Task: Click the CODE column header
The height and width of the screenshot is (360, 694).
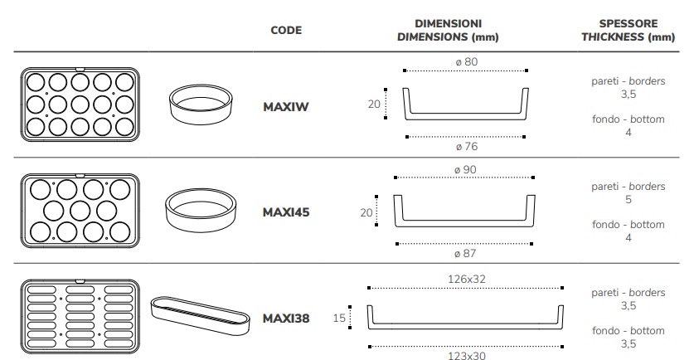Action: [286, 30]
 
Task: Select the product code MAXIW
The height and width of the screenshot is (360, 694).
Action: [286, 107]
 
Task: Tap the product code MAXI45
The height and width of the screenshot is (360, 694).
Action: [286, 212]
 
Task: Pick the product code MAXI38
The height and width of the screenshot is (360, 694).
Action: [286, 319]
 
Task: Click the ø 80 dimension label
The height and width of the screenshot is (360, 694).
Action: [467, 62]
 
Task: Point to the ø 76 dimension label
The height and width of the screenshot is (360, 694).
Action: [467, 147]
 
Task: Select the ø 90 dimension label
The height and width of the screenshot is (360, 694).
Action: [465, 169]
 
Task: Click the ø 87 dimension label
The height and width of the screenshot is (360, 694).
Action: [465, 253]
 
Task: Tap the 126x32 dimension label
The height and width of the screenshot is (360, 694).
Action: [467, 279]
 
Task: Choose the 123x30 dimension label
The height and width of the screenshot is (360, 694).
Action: [467, 355]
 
